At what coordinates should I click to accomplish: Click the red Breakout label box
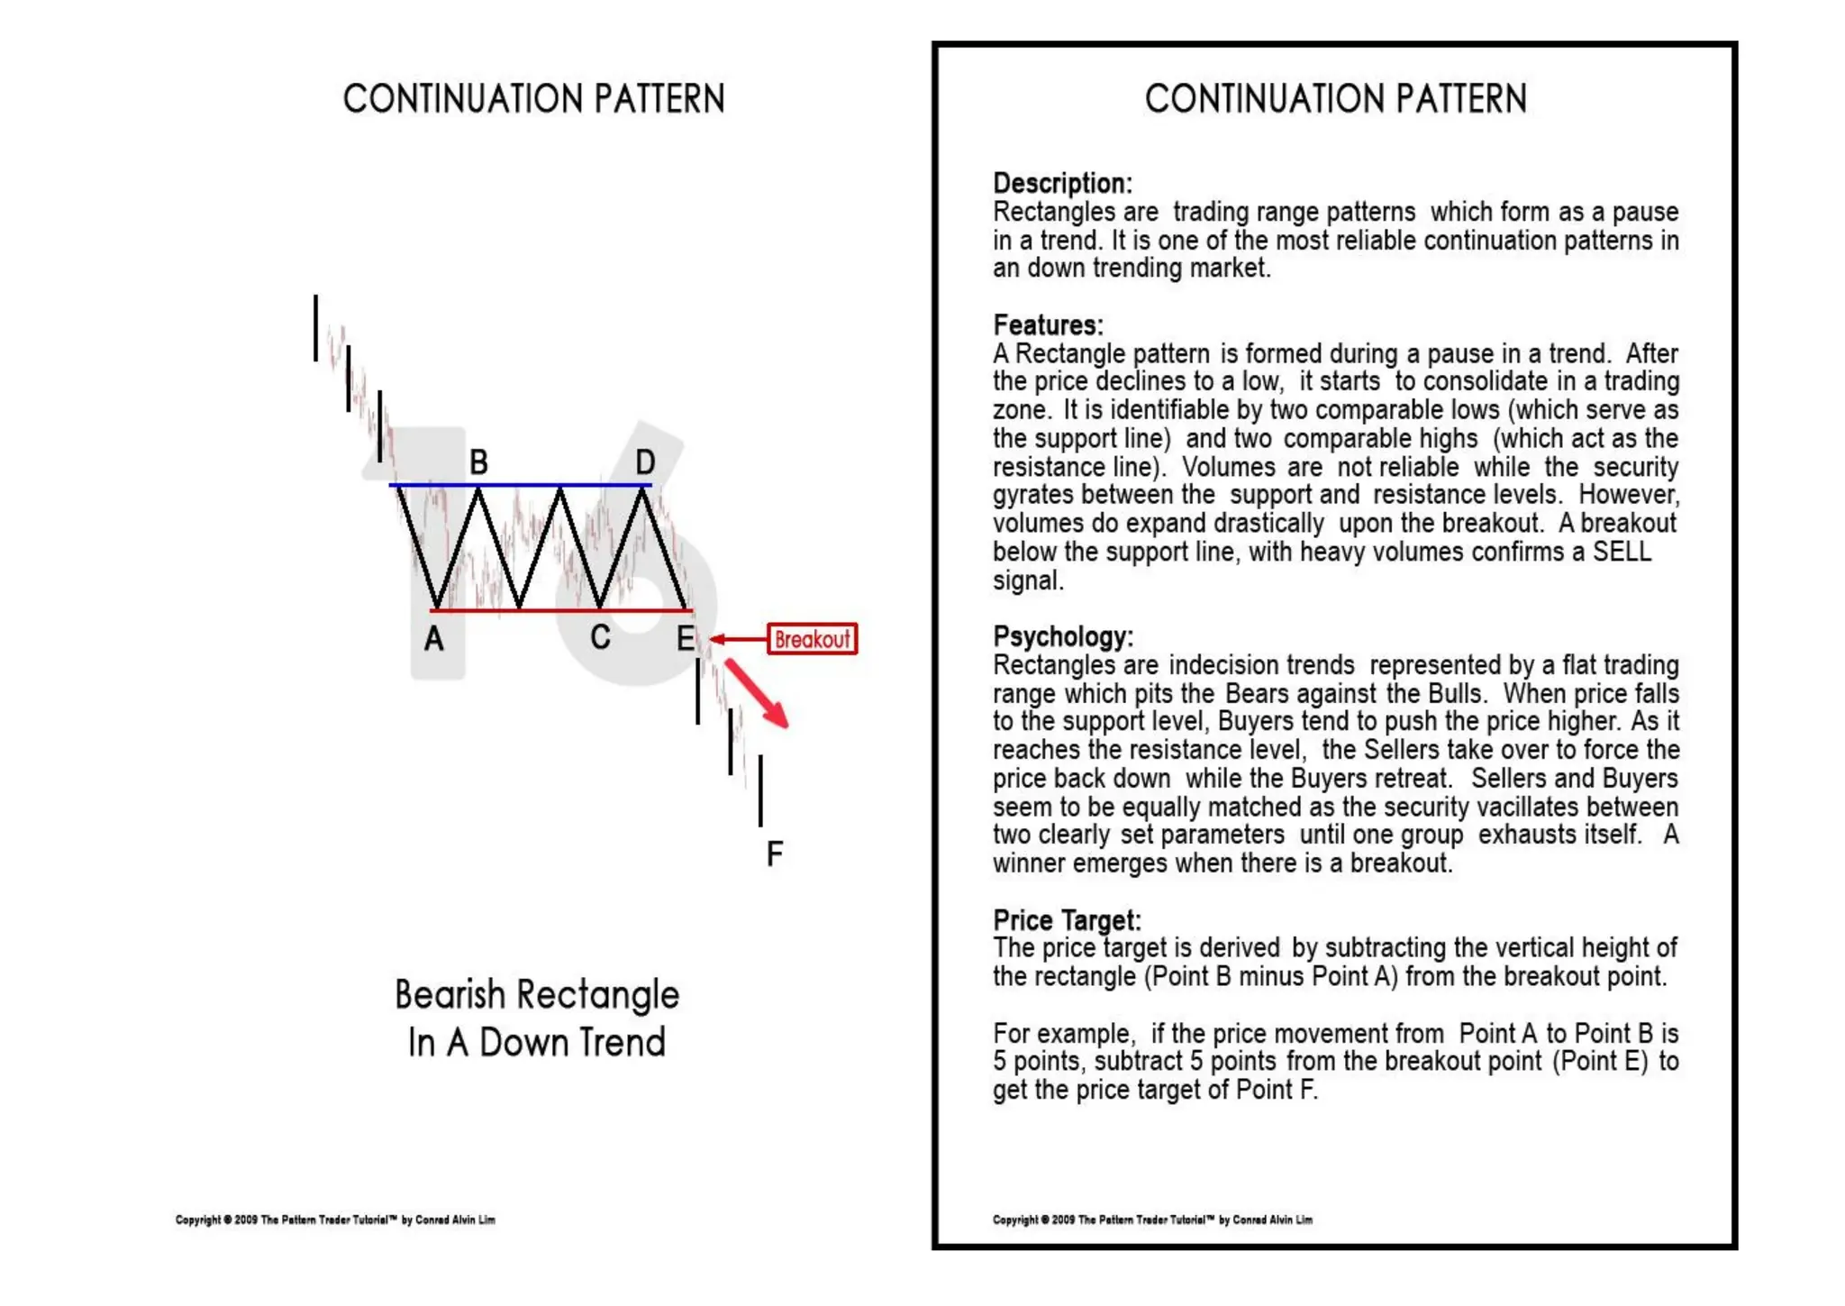pyautogui.click(x=812, y=639)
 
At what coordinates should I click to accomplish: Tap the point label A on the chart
pyautogui.click(x=434, y=639)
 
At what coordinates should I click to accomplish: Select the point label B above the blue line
pyautogui.click(x=478, y=462)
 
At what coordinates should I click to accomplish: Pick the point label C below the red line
pyautogui.click(x=600, y=638)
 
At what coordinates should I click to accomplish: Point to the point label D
pyautogui.click(x=645, y=462)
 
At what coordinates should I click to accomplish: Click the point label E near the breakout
pyautogui.click(x=686, y=639)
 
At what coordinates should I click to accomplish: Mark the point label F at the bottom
pyautogui.click(x=774, y=853)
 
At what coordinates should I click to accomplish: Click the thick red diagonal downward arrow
pyautogui.click(x=757, y=693)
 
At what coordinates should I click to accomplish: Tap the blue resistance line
pyautogui.click(x=521, y=485)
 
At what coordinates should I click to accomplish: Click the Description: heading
pyautogui.click(x=1062, y=183)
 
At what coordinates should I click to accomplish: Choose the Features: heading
pyautogui.click(x=1048, y=324)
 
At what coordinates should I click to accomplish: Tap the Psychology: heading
pyautogui.click(x=1063, y=636)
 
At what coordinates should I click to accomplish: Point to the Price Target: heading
pyautogui.click(x=1067, y=919)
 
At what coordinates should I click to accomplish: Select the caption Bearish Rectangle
pyautogui.click(x=537, y=995)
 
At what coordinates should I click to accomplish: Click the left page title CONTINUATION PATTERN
pyautogui.click(x=533, y=99)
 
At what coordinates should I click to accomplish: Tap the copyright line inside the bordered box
pyautogui.click(x=1152, y=1219)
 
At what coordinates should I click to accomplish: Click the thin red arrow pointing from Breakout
pyautogui.click(x=738, y=639)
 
